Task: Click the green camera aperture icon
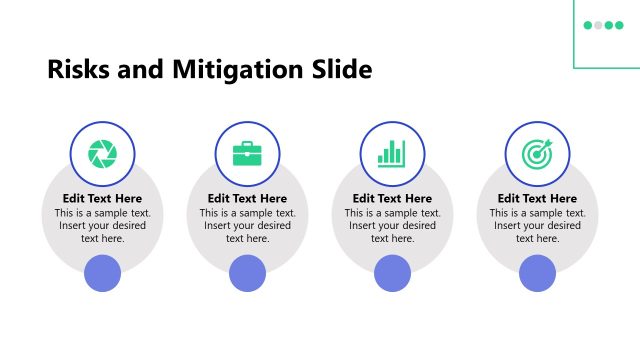[x=102, y=153]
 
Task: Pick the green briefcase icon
[x=247, y=153]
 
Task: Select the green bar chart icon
[x=392, y=153]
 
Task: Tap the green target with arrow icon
[x=537, y=153]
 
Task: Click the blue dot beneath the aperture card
[x=102, y=273]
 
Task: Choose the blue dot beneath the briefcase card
[x=247, y=273]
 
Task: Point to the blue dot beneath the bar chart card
[x=392, y=273]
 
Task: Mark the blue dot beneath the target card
[x=537, y=273]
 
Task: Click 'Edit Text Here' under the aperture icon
[x=102, y=199]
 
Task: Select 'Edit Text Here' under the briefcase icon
[x=247, y=199]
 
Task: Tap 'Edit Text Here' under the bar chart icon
[x=392, y=199]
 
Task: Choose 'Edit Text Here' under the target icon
[x=537, y=199]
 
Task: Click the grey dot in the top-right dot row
[x=598, y=25]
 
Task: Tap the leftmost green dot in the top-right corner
[x=588, y=25]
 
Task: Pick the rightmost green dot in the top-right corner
[x=619, y=25]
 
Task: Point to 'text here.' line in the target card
[x=537, y=239]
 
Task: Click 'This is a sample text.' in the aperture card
[x=102, y=213]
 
